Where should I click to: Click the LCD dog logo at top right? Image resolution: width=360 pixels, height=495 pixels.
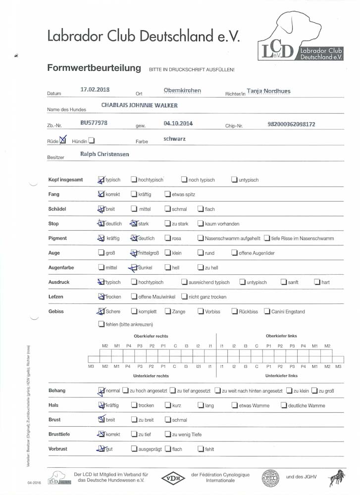click(x=300, y=37)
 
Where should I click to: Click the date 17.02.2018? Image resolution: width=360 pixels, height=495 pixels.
click(x=95, y=90)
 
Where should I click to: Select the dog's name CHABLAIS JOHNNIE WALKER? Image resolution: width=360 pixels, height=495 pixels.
click(x=139, y=105)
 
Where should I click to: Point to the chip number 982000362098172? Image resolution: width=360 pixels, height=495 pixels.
click(x=291, y=124)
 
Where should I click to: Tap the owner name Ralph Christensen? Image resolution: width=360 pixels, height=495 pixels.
click(x=104, y=154)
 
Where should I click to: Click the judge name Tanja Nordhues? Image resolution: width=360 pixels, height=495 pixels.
click(x=268, y=91)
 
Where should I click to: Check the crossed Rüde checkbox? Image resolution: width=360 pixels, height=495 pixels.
click(x=62, y=141)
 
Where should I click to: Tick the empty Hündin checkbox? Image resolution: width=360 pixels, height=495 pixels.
click(x=92, y=141)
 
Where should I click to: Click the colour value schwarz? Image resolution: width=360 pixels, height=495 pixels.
click(x=174, y=139)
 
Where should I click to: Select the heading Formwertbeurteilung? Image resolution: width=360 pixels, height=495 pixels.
click(x=94, y=68)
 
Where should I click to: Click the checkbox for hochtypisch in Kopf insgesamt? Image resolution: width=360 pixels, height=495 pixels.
click(x=134, y=180)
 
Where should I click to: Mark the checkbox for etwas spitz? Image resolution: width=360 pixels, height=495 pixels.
click(x=168, y=195)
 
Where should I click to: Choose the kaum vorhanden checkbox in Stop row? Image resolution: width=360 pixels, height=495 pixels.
click(x=201, y=224)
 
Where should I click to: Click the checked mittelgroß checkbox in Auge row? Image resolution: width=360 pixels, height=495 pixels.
click(x=134, y=253)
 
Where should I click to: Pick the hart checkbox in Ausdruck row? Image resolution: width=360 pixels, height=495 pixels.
click(x=317, y=282)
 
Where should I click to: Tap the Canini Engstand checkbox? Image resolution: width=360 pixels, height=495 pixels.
click(x=267, y=311)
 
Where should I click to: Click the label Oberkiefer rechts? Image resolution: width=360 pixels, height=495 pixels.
click(x=151, y=336)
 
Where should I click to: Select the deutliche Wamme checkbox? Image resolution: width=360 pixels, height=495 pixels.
click(x=284, y=405)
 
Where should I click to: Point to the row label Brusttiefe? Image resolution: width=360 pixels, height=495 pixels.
click(x=59, y=435)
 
